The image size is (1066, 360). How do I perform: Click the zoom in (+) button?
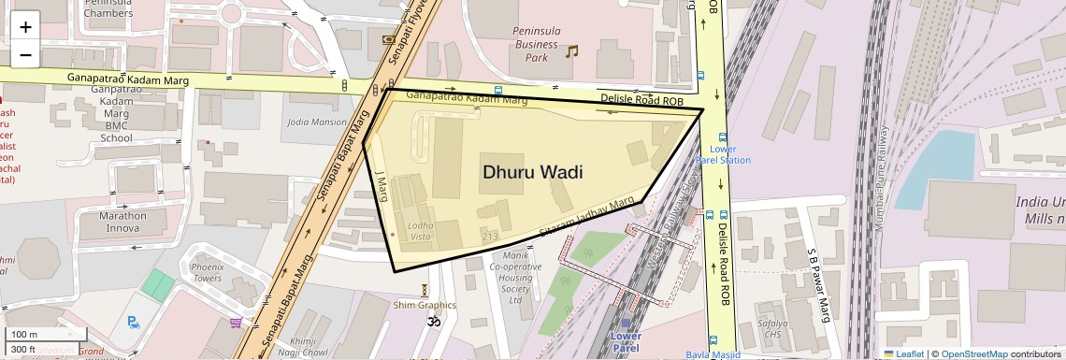(25, 27)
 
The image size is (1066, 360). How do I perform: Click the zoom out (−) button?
(25, 54)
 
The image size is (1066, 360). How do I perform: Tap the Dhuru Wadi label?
(533, 172)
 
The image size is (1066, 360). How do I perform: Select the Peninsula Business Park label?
(536, 44)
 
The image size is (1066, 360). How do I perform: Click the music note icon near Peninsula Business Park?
(572, 50)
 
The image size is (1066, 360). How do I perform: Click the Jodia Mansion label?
(316, 122)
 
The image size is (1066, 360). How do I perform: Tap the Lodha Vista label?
(420, 232)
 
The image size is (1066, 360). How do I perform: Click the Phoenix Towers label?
(207, 272)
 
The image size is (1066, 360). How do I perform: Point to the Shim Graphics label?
(425, 305)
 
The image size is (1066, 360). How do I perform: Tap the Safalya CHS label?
(773, 327)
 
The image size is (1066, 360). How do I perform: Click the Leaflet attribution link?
(903, 353)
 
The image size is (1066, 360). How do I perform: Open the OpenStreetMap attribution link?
(973, 353)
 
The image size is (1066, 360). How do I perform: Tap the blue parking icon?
(134, 323)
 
